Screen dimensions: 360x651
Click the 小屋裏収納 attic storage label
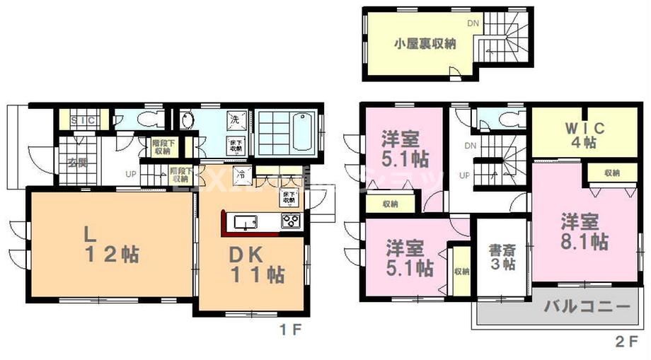tap(425, 42)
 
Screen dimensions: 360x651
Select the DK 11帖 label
tap(255, 262)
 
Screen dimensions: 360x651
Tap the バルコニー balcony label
tap(587, 307)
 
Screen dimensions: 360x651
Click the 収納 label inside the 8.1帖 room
tap(613, 172)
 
